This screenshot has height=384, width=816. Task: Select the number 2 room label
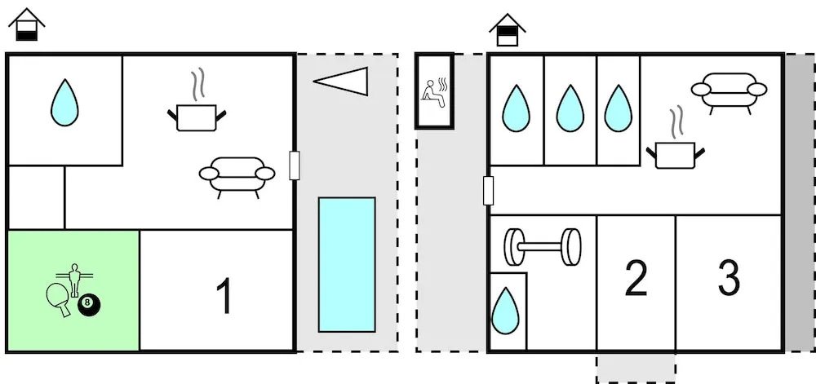tap(636, 279)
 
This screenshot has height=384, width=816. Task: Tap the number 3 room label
tap(729, 279)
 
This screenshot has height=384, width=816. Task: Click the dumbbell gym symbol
tap(543, 247)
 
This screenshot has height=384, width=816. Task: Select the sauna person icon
tap(434, 90)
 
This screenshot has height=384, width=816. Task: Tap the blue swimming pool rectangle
tap(347, 264)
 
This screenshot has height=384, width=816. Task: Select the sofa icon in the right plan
tap(729, 90)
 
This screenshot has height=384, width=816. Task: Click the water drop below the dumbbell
tap(506, 311)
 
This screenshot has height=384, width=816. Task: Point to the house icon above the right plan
tap(507, 30)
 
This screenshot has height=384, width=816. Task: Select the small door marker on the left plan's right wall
tap(295, 166)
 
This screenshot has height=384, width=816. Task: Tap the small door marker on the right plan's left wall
tap(488, 191)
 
